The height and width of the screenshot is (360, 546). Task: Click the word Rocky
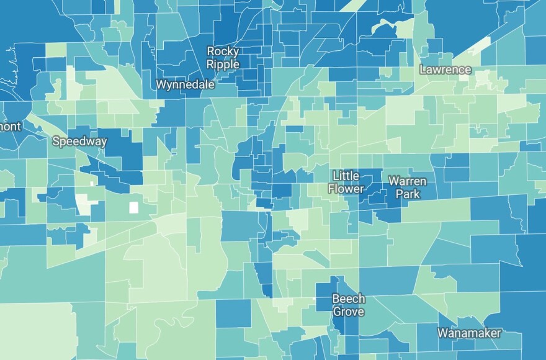[223, 51]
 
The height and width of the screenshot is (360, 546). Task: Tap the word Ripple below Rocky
[223, 63]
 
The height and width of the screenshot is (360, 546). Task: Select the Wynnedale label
[186, 84]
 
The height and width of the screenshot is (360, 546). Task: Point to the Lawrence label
[445, 70]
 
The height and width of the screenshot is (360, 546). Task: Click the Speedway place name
[79, 142]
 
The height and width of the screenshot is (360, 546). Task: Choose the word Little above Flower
[346, 176]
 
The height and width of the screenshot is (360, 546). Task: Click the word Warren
[407, 181]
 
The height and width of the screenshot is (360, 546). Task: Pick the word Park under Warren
[407, 194]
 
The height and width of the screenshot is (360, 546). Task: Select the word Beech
[348, 299]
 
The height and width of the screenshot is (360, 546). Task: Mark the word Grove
[348, 312]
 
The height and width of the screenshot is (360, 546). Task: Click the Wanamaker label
[469, 333]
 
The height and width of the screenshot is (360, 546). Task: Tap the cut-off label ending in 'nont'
[10, 127]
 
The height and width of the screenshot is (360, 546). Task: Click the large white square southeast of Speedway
[133, 208]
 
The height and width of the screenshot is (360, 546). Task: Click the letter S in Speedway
[56, 142]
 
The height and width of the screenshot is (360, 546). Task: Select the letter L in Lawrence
[423, 70]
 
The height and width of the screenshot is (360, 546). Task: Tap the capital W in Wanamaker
[442, 333]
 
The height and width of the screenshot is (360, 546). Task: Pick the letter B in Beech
[336, 299]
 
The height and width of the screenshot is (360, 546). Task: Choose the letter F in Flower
[331, 188]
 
